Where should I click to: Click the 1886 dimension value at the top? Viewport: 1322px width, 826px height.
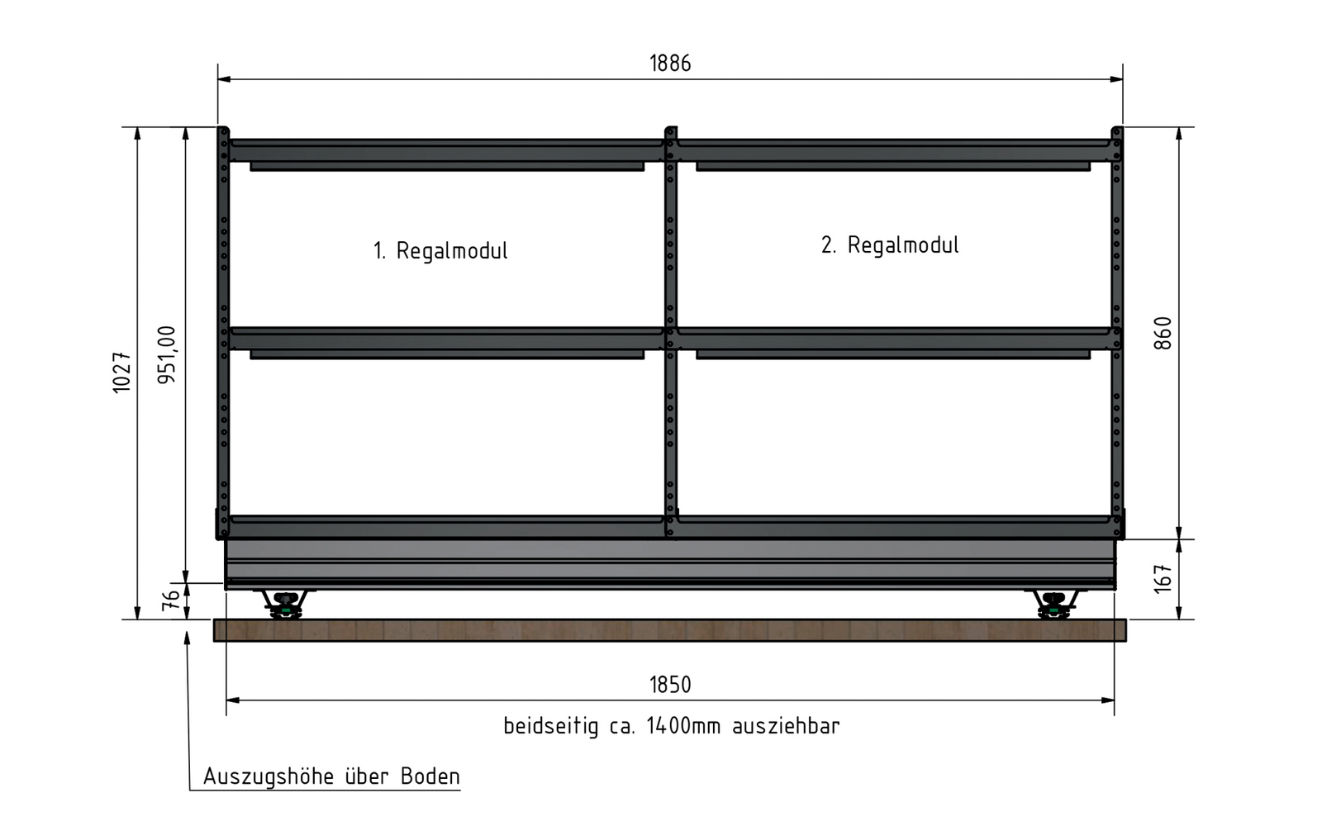tap(670, 63)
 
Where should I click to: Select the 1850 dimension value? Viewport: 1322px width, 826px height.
tap(670, 685)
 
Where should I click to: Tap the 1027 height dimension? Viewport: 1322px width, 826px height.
tap(121, 373)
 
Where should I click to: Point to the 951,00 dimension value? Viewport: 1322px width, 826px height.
tap(166, 354)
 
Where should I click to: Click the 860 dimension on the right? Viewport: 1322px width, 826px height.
tap(1162, 334)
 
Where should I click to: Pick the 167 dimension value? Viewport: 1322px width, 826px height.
tap(1162, 579)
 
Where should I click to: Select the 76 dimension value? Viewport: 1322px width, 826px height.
tap(170, 600)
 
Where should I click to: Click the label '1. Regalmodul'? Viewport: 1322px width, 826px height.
tap(440, 251)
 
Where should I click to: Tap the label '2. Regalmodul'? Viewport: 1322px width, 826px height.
tap(890, 244)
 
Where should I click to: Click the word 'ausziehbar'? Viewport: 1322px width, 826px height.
tap(786, 726)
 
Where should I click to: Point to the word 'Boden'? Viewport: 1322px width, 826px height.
tap(430, 776)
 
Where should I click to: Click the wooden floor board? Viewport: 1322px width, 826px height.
tap(670, 630)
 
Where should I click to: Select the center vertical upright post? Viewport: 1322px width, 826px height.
tap(670, 331)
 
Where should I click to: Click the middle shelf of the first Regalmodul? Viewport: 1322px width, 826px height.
tap(447, 342)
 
